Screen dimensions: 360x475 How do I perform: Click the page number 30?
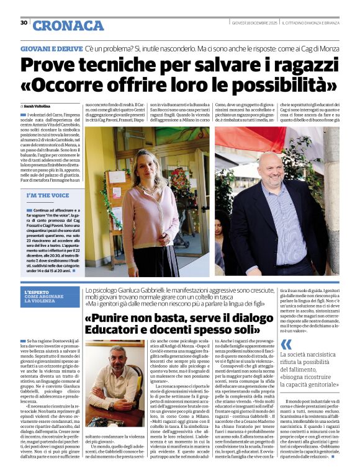(x=24, y=22)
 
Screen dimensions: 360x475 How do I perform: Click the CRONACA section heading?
(x=68, y=25)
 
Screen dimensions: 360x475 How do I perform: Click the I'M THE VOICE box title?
(x=48, y=195)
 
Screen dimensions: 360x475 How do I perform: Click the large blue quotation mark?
(x=286, y=345)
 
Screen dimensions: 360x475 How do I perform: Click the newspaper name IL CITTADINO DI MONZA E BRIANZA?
(x=309, y=22)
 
